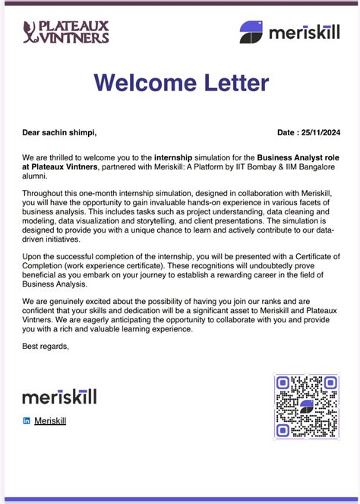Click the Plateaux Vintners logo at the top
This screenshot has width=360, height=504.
click(66, 32)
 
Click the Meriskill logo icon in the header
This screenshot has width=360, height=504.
click(251, 32)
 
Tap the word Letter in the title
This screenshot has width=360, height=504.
click(232, 83)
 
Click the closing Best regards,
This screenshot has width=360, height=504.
click(46, 347)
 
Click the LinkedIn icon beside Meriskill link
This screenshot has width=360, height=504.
click(27, 420)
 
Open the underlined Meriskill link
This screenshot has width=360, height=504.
click(50, 420)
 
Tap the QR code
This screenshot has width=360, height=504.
click(306, 406)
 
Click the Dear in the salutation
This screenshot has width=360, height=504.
click(32, 132)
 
